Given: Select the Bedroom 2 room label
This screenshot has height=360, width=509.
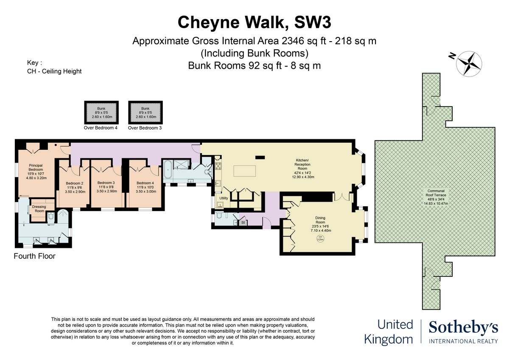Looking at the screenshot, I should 74,187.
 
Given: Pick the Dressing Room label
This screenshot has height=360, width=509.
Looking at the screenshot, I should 39,209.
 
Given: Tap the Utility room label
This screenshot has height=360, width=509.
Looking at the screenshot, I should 224,198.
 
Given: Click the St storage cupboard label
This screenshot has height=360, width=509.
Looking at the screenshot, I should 243,222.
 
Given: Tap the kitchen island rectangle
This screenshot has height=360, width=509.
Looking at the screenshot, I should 245,171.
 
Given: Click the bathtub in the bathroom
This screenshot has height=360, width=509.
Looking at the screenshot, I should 168,171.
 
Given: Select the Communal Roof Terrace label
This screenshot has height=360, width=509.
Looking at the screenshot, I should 435,197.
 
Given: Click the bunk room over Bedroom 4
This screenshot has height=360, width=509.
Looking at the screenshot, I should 102,112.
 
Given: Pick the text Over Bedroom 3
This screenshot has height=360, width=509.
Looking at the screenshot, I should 145,128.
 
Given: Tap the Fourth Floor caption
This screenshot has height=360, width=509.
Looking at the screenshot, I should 34,256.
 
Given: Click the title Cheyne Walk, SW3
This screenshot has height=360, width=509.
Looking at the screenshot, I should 255,22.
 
